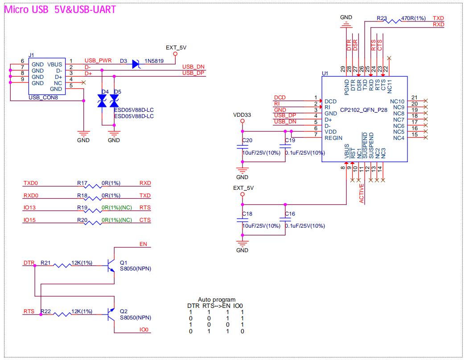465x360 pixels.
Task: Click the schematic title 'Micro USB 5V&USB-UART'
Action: coord(60,9)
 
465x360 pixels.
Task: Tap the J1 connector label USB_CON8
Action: coord(43,98)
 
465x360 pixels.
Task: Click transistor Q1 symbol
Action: coord(111,266)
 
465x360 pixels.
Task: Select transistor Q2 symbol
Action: coord(111,315)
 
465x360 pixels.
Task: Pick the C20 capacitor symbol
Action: coord(243,147)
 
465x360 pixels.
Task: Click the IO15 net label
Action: coord(29,220)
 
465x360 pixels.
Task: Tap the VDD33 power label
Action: coord(242,115)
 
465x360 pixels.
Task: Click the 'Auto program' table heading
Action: coord(217,300)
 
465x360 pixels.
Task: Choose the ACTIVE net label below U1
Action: coord(362,193)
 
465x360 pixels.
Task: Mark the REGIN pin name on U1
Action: coord(333,138)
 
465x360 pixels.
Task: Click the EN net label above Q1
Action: coord(143,244)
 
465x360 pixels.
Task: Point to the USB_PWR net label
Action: coord(98,61)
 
